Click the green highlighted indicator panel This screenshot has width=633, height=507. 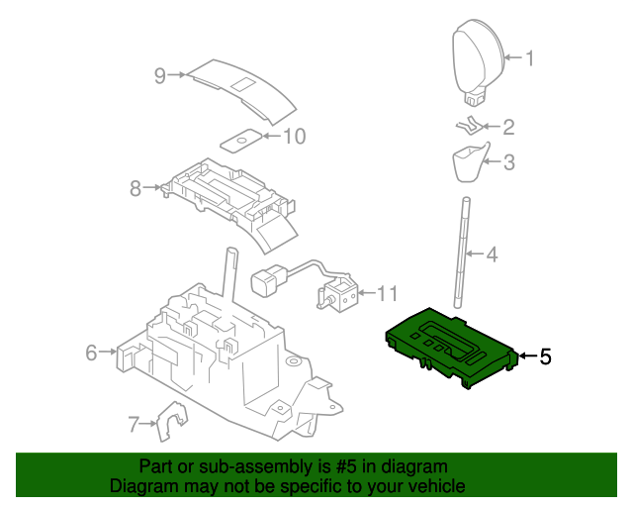(450, 345)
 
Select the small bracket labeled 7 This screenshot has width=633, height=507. (172, 424)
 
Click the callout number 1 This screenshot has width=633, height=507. (529, 58)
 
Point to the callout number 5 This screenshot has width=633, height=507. (545, 356)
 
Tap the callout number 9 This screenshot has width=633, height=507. (157, 74)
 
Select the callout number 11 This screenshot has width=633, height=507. (386, 294)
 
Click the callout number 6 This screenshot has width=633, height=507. (90, 353)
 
